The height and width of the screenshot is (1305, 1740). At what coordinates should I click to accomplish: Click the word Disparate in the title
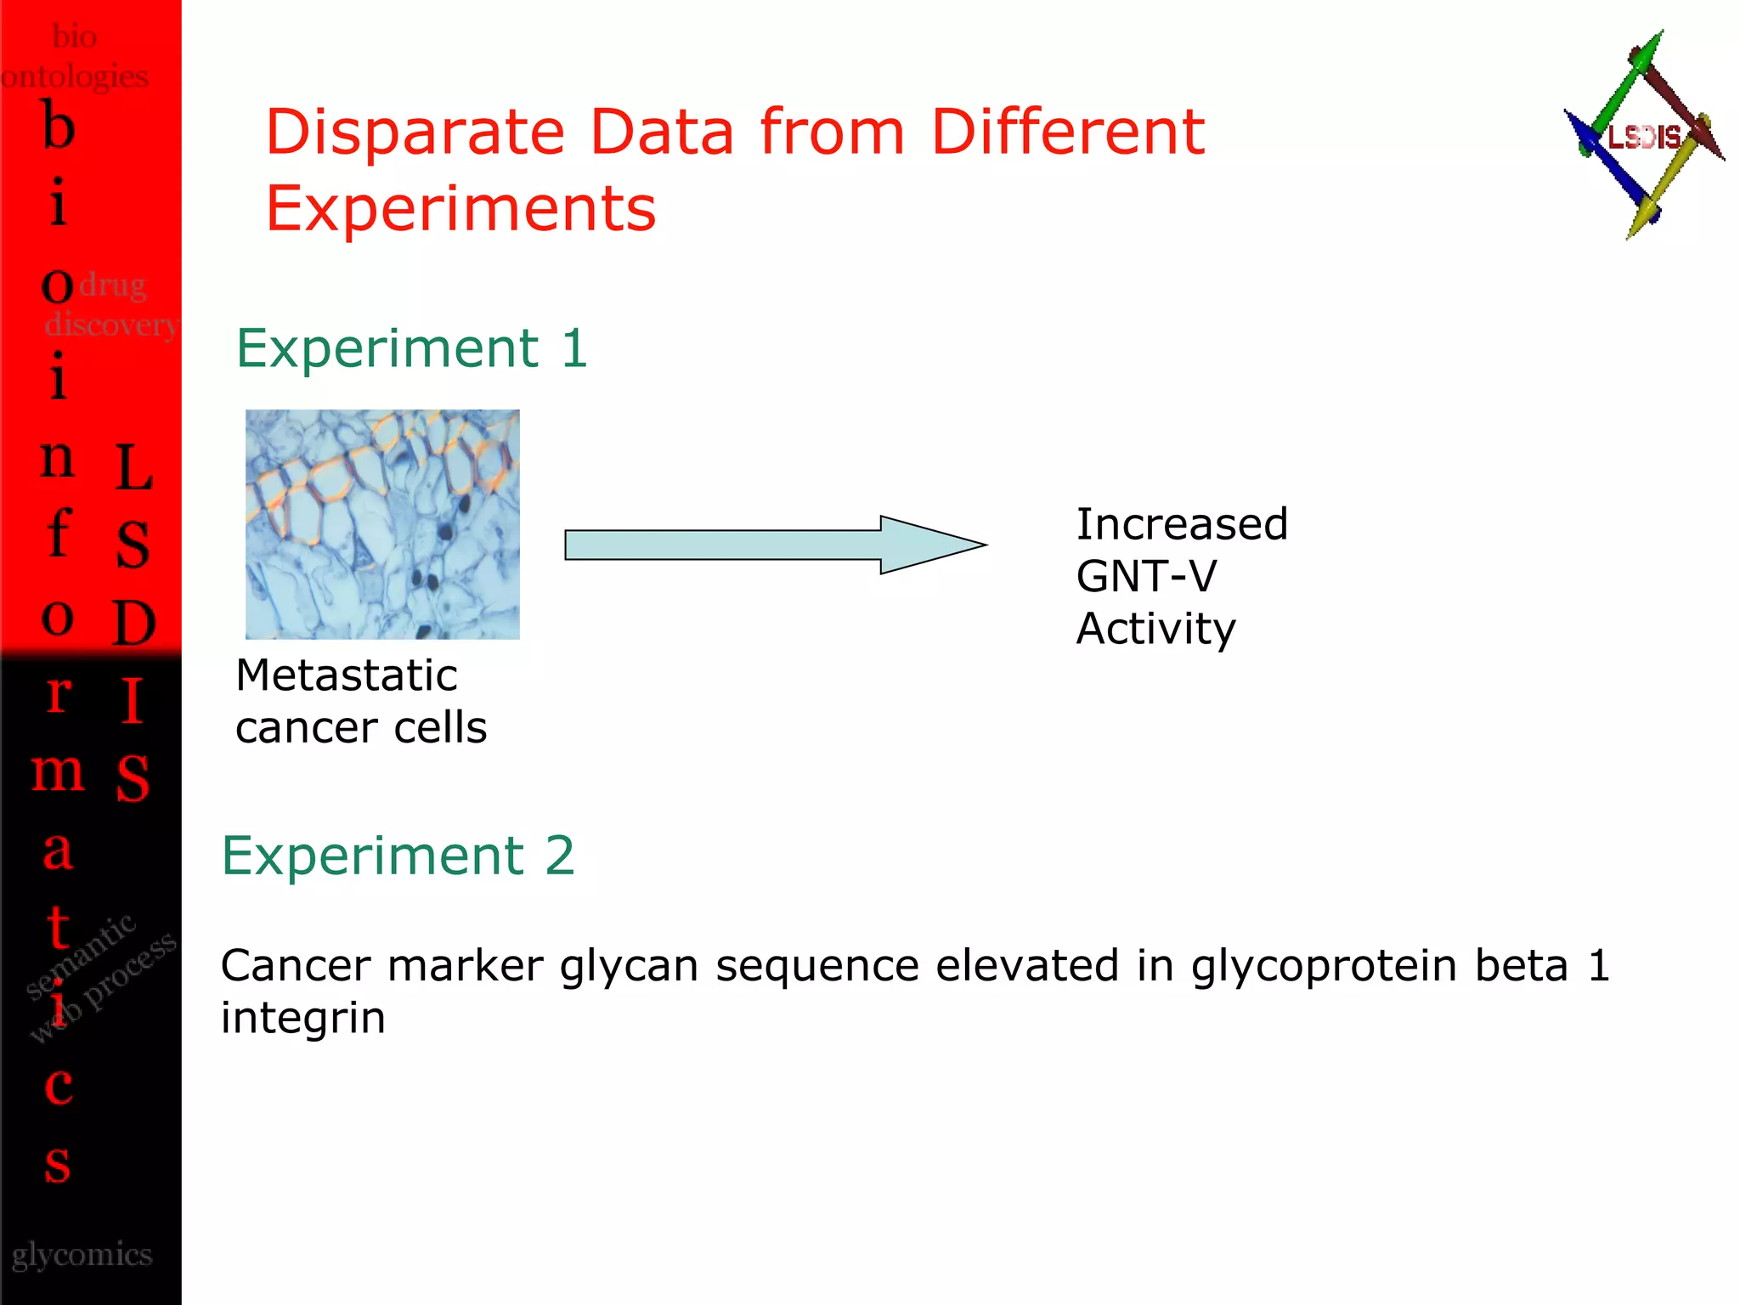click(x=415, y=133)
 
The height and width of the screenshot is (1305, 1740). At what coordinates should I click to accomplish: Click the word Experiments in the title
click(x=460, y=209)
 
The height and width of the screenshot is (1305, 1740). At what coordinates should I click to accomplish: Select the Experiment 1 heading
click(x=411, y=348)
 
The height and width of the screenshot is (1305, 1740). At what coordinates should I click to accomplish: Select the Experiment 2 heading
click(x=398, y=856)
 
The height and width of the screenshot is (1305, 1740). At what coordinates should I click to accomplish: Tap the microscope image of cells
click(x=382, y=524)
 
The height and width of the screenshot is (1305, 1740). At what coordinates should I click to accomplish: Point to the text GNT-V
click(x=1145, y=577)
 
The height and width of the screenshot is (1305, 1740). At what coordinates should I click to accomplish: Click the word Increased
click(x=1181, y=524)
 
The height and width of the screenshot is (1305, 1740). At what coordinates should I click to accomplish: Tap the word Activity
click(x=1155, y=630)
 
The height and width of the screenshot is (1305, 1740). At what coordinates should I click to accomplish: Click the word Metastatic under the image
click(x=347, y=676)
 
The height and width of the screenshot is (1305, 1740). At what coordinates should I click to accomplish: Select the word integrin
click(x=302, y=1018)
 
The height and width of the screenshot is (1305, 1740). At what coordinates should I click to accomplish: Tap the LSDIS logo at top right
click(x=1643, y=136)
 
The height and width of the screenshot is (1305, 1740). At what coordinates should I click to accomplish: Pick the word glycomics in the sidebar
click(x=82, y=1255)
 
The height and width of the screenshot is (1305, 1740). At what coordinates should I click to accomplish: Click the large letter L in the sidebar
click(x=133, y=468)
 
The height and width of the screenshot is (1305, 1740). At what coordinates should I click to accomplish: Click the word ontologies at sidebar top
click(x=75, y=77)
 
